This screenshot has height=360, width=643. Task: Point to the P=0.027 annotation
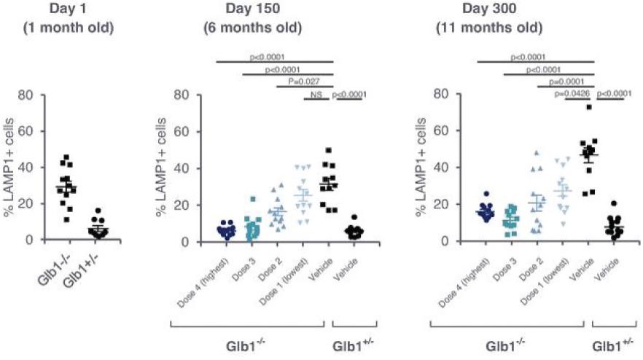[304, 83]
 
